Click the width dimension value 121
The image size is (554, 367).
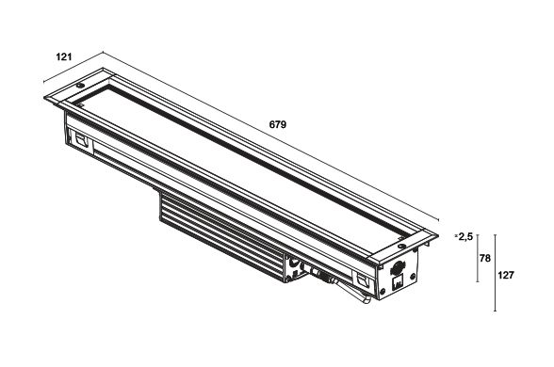point(64,56)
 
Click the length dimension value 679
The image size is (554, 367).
point(278,124)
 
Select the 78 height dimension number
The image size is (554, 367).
point(485,258)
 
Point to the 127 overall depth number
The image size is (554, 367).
point(506,275)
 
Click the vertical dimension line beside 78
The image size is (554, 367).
point(478,258)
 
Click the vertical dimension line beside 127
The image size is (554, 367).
point(495,273)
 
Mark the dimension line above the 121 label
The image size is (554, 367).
point(73,67)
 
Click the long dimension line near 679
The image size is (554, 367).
point(270,136)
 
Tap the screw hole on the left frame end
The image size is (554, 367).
point(80,86)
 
